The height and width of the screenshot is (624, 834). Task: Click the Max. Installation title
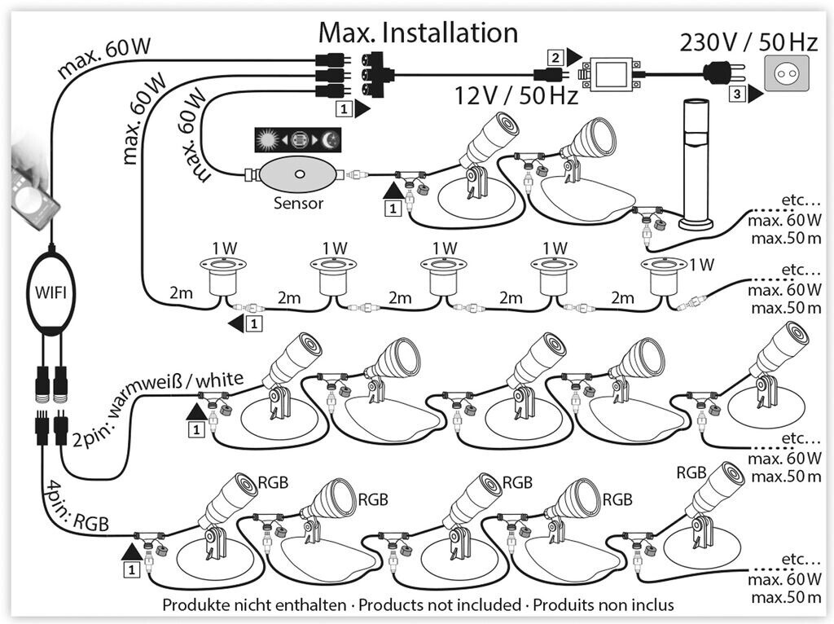(418, 33)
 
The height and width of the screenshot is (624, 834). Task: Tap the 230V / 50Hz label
(748, 42)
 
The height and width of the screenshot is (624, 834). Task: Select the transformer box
(612, 74)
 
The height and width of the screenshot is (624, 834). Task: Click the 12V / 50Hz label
(516, 96)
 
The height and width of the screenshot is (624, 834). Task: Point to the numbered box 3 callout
(736, 94)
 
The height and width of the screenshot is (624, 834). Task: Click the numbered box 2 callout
(555, 57)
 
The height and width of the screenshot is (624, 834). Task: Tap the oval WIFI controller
(50, 292)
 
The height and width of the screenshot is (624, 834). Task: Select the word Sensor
(298, 203)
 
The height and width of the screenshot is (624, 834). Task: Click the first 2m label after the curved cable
(181, 292)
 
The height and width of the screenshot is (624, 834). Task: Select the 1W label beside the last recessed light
(702, 265)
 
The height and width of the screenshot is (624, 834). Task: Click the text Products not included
(440, 604)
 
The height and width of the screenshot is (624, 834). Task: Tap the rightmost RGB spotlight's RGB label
(691, 472)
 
